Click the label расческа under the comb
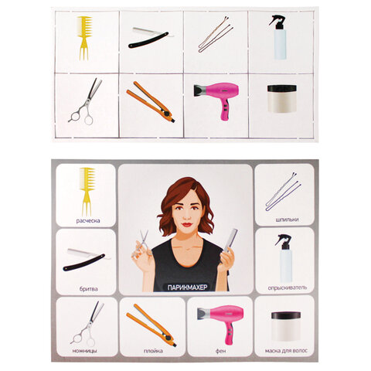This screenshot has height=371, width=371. [88, 221]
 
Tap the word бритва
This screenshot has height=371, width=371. [88, 289]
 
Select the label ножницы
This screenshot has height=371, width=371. [85, 351]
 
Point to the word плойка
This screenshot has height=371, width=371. [153, 351]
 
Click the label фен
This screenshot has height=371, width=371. [221, 351]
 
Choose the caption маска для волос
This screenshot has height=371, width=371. [286, 351]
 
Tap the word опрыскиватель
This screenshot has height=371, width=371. [288, 288]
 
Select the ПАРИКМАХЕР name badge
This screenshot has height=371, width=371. [187, 288]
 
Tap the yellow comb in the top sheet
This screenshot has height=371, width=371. [85, 38]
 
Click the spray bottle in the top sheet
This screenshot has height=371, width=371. [279, 37]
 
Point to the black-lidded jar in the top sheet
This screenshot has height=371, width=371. [282, 99]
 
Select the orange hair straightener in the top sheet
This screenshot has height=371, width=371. [151, 101]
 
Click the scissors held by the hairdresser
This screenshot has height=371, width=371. [142, 245]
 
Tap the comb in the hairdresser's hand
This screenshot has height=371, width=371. [230, 240]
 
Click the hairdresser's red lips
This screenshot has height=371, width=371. [186, 224]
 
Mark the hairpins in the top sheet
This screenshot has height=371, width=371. [216, 35]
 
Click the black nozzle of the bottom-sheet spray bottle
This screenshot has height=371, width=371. [283, 242]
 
